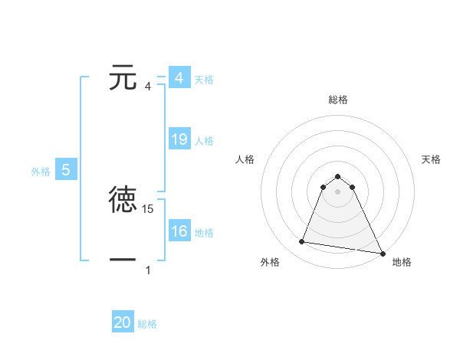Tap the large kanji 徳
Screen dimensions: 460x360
pos(123,200)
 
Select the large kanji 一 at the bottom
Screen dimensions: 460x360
pos(123,261)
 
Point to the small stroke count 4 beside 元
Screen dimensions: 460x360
pos(148,87)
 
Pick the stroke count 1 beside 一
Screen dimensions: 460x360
pos(148,270)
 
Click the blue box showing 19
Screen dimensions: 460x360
pos(179,139)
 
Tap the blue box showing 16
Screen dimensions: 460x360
pos(179,231)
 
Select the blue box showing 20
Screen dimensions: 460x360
pos(123,322)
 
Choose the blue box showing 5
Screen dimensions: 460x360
pos(66,170)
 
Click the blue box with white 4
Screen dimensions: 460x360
pos(179,78)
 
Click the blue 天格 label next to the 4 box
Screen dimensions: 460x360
pos(204,79)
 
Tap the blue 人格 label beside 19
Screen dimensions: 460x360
pos(204,140)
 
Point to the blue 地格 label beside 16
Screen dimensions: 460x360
pos(204,232)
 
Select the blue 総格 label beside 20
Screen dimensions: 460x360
pos(147,323)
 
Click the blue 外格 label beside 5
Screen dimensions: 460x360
pos(41,172)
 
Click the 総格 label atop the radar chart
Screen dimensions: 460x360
pos(338,100)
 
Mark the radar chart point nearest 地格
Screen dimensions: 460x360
pos(382,253)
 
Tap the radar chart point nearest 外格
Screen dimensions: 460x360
pos(302,242)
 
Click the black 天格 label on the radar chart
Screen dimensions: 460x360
pos(432,159)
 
